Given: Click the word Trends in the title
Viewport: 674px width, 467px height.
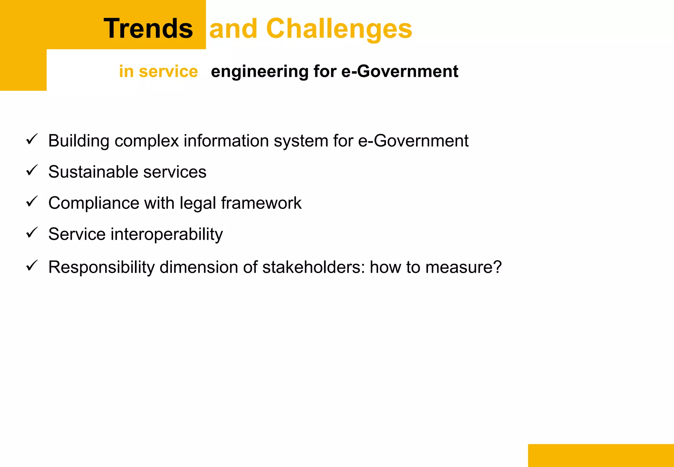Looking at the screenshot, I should click(x=148, y=29).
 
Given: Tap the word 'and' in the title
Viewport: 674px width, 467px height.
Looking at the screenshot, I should click(x=233, y=29).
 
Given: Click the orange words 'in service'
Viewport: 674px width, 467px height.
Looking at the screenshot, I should click(x=158, y=71).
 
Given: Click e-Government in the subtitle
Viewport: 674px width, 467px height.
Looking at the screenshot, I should click(x=400, y=71).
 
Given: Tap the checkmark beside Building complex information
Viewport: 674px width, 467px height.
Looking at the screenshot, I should click(x=32, y=140).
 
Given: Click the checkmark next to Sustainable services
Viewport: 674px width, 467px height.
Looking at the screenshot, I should click(x=32, y=171).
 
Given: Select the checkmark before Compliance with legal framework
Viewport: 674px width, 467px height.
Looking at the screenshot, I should click(x=32, y=202).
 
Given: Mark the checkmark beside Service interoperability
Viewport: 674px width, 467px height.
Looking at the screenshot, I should click(x=32, y=233).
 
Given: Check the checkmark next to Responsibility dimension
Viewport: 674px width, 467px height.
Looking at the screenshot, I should click(x=32, y=266).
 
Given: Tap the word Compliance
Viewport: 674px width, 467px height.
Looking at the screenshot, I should click(x=93, y=203).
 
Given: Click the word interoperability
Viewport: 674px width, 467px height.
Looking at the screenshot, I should click(x=167, y=234).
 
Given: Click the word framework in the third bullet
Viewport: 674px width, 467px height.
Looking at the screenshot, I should click(x=261, y=203).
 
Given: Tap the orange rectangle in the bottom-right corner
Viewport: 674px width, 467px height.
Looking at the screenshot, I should click(x=601, y=455).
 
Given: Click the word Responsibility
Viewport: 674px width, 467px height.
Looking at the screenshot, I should click(x=101, y=267).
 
